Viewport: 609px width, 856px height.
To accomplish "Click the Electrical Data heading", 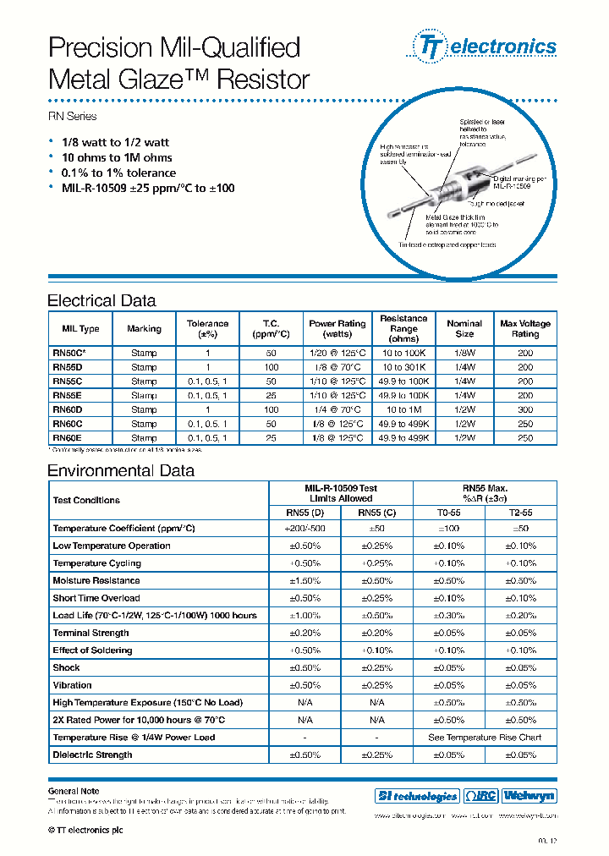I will [101, 300].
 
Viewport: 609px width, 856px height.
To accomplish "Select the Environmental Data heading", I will [120, 470].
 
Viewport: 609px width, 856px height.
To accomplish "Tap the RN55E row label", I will [67, 395].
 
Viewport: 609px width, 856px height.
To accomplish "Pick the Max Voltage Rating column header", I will [524, 328].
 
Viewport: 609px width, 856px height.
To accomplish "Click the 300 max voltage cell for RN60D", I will [524, 409].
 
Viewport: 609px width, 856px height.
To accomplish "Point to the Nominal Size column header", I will [464, 328].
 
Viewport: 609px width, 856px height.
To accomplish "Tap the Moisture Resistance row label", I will [96, 580].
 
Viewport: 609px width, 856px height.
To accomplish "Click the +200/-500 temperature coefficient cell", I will [305, 528].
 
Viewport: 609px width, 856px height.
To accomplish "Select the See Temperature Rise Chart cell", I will [485, 738].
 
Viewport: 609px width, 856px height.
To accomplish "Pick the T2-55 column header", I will [521, 511].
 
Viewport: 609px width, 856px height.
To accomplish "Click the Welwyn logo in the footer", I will [529, 796].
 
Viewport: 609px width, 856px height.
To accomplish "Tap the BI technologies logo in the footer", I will [416, 796].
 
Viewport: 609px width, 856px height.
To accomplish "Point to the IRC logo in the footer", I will [480, 796].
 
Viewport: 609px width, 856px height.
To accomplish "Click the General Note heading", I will [74, 791].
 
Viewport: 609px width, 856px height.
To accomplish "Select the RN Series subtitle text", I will [72, 116].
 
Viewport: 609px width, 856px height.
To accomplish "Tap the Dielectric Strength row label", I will [92, 754].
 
